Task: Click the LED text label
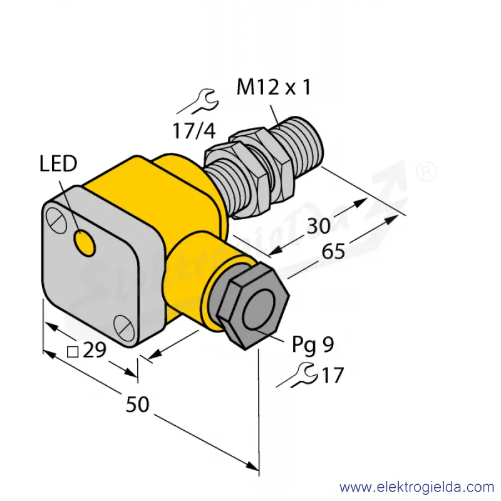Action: click(58, 163)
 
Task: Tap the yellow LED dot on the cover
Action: click(85, 243)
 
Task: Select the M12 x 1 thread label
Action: click(274, 87)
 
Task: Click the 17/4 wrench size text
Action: click(194, 130)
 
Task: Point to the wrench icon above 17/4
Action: click(199, 102)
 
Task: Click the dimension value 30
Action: click(319, 226)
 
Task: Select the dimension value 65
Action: click(333, 251)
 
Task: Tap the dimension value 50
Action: click(137, 404)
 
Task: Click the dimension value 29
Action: click(95, 349)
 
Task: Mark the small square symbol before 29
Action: click(73, 352)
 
